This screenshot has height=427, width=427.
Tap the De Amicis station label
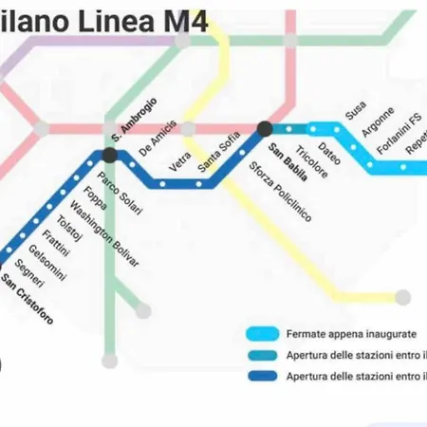point(158,138)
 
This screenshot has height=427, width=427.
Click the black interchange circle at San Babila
point(265,129)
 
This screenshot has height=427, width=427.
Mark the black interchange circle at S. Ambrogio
point(110,155)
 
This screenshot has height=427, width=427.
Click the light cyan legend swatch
point(260,334)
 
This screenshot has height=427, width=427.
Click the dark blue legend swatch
point(260,377)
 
